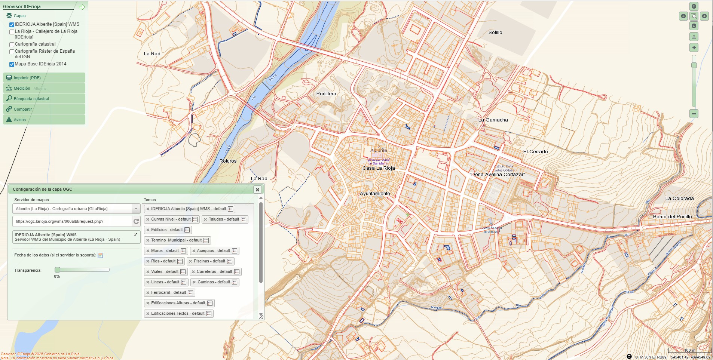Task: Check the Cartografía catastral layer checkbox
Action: tap(12, 44)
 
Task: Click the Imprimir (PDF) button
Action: tap(27, 78)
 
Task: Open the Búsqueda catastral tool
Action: tap(31, 99)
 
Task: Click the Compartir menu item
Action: tap(22, 109)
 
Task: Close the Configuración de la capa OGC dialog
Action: tap(257, 190)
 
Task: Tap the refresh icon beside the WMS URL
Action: tap(136, 221)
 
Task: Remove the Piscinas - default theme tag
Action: tap(190, 261)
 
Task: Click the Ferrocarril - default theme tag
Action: tap(168, 293)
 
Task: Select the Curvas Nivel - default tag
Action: tap(171, 219)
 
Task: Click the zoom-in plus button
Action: tap(694, 47)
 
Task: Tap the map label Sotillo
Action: tap(495, 33)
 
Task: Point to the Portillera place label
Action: tap(326, 94)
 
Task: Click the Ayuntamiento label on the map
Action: tap(374, 194)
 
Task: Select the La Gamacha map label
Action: tap(493, 120)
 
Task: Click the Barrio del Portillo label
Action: tap(672, 217)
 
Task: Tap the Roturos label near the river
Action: tap(228, 161)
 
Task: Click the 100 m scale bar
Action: tap(689, 351)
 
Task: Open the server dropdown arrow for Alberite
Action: tap(136, 209)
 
